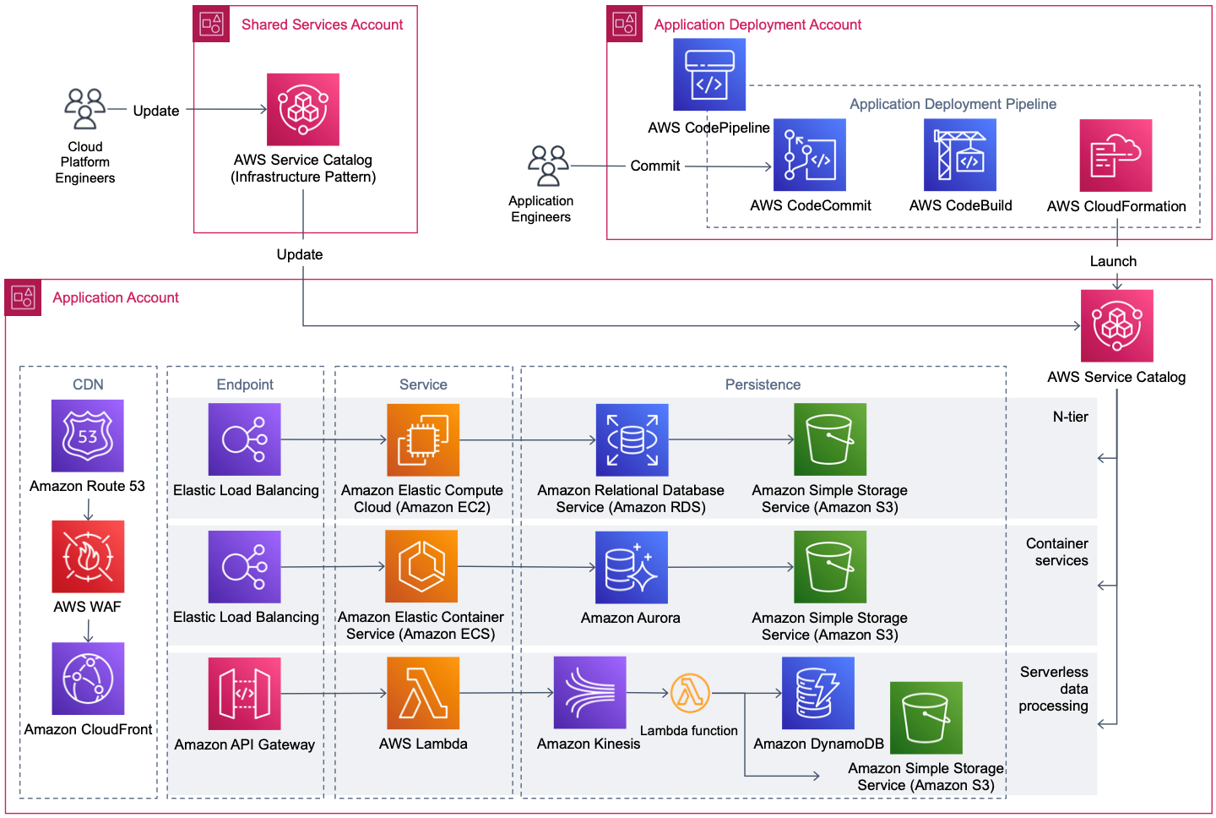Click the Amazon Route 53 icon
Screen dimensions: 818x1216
(87, 435)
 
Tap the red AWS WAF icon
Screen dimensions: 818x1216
(88, 556)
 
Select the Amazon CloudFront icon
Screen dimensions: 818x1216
(88, 679)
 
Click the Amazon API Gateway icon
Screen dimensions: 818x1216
(244, 694)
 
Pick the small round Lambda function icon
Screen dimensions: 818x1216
(690, 694)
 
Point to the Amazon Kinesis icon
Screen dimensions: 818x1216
(589, 693)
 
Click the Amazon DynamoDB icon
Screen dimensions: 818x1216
(817, 693)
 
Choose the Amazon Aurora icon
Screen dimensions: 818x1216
(631, 567)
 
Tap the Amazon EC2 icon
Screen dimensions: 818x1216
(422, 439)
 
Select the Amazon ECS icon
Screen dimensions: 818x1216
(421, 566)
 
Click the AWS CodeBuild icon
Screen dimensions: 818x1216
(959, 155)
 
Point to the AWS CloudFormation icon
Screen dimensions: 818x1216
(1116, 155)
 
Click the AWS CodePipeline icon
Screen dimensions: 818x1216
(708, 75)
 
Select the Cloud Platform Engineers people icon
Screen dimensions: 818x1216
(84, 108)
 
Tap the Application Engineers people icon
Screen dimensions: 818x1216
(548, 165)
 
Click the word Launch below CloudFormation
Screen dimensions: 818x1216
(1113, 261)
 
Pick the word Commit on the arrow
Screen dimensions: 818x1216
(654, 166)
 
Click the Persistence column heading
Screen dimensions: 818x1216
(763, 384)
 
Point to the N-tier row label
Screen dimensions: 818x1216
(1070, 417)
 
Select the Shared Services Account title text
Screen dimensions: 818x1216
(322, 25)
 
